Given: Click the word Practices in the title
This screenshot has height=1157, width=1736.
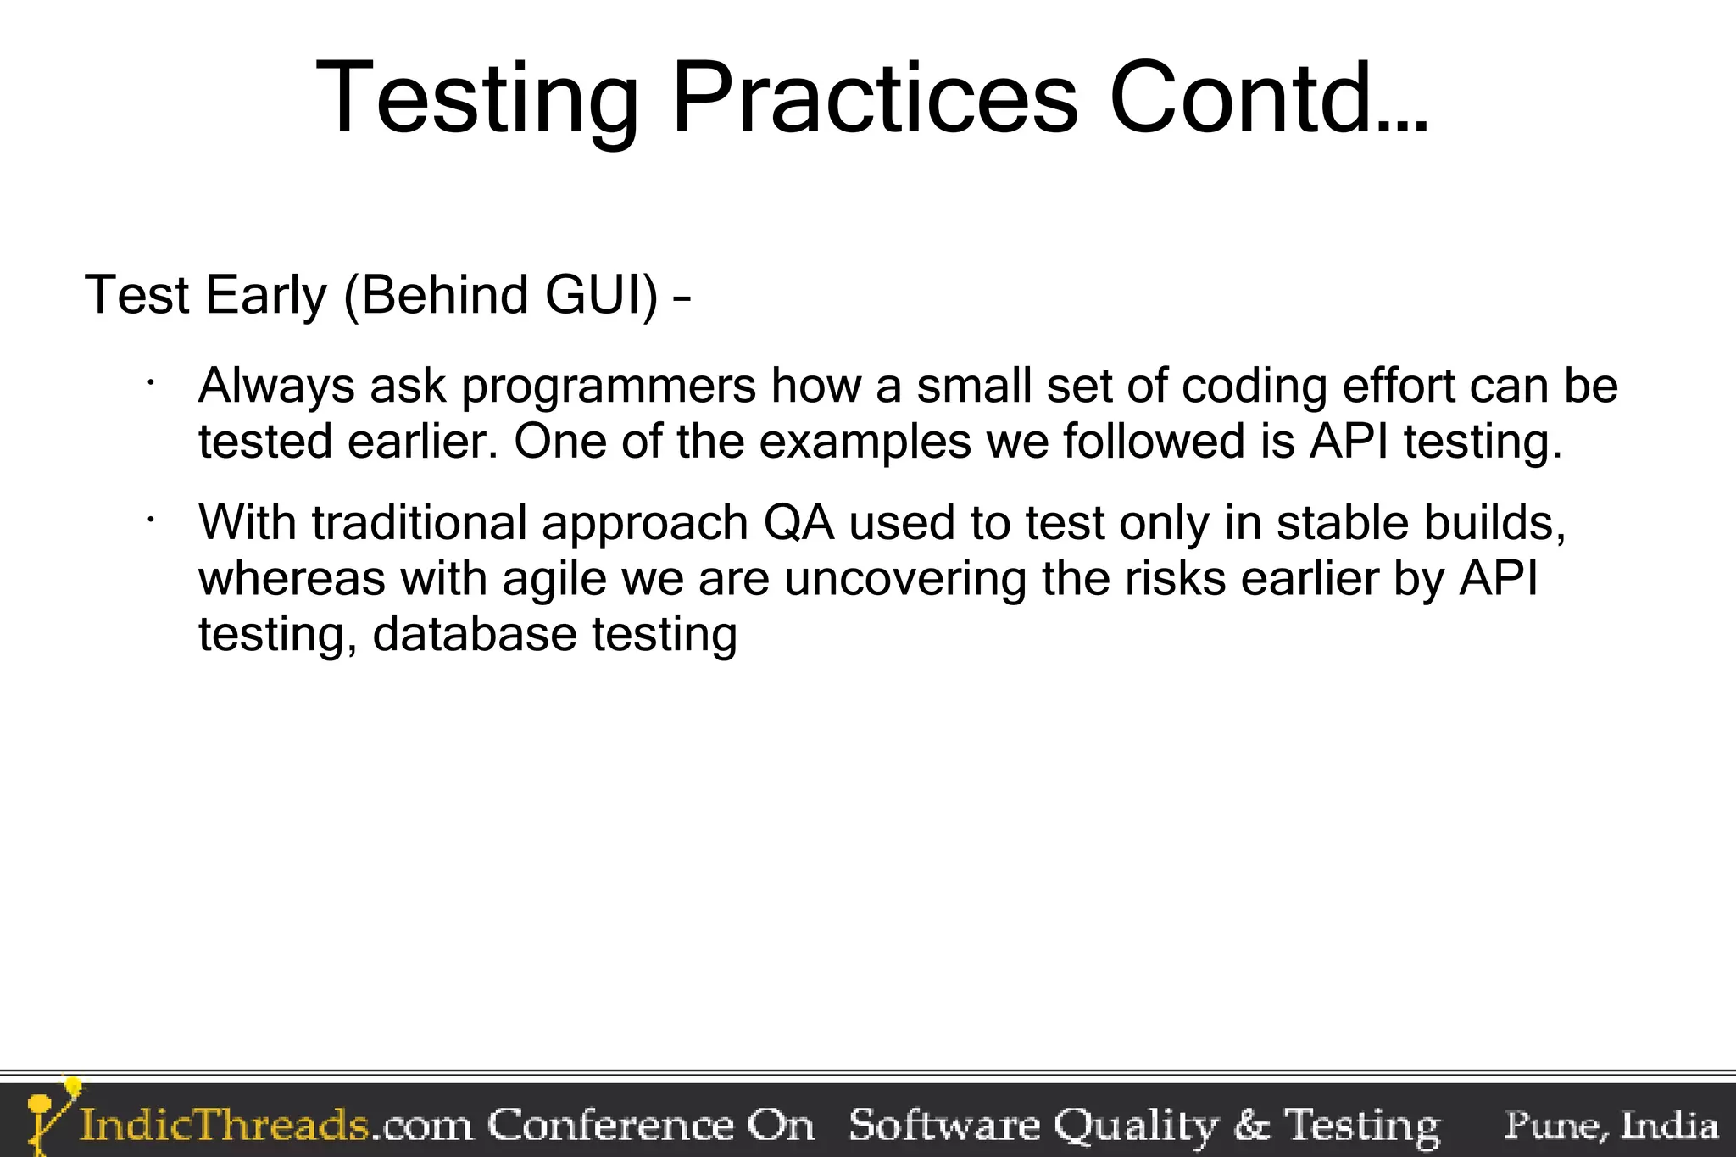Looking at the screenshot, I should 874,98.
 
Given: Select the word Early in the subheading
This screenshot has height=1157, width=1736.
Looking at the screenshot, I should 265,295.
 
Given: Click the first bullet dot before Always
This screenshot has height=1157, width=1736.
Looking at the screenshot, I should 149,383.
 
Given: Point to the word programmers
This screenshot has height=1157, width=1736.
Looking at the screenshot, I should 608,387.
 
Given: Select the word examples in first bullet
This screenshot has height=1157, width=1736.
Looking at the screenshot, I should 865,442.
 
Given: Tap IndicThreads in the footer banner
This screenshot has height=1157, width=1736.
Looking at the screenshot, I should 225,1126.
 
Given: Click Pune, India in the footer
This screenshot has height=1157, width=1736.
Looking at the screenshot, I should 1611,1126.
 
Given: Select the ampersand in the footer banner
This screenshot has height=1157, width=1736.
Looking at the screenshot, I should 1251,1126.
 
